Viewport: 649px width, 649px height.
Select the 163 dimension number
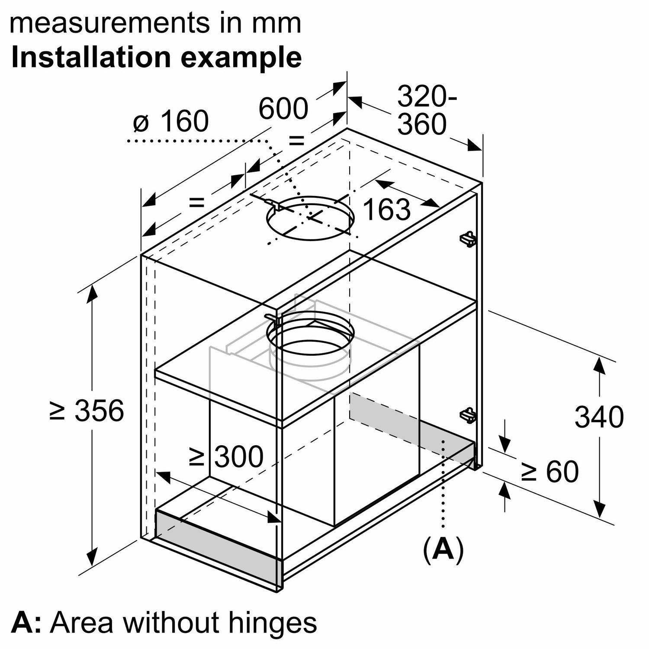click(386, 209)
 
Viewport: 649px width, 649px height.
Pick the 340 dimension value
click(599, 417)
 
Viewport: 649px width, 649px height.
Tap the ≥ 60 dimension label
click(550, 471)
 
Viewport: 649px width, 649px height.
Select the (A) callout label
click(443, 550)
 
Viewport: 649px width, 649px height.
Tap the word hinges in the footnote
click(272, 623)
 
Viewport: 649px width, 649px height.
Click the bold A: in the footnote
click(26, 623)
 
